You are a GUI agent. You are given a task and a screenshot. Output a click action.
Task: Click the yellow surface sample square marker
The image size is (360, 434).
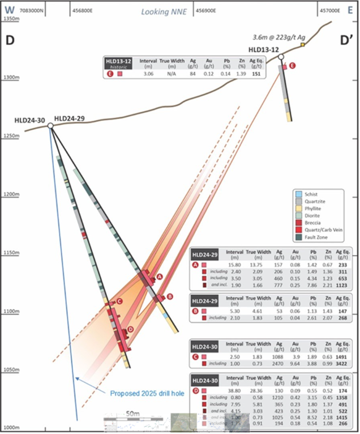(x=303, y=44)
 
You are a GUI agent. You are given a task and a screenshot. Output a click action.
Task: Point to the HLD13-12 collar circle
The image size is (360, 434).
(x=281, y=57)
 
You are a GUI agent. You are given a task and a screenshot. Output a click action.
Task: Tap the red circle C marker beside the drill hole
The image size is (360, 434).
(x=119, y=301)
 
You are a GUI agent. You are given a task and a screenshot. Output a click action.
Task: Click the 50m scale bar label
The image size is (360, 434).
(x=134, y=415)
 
